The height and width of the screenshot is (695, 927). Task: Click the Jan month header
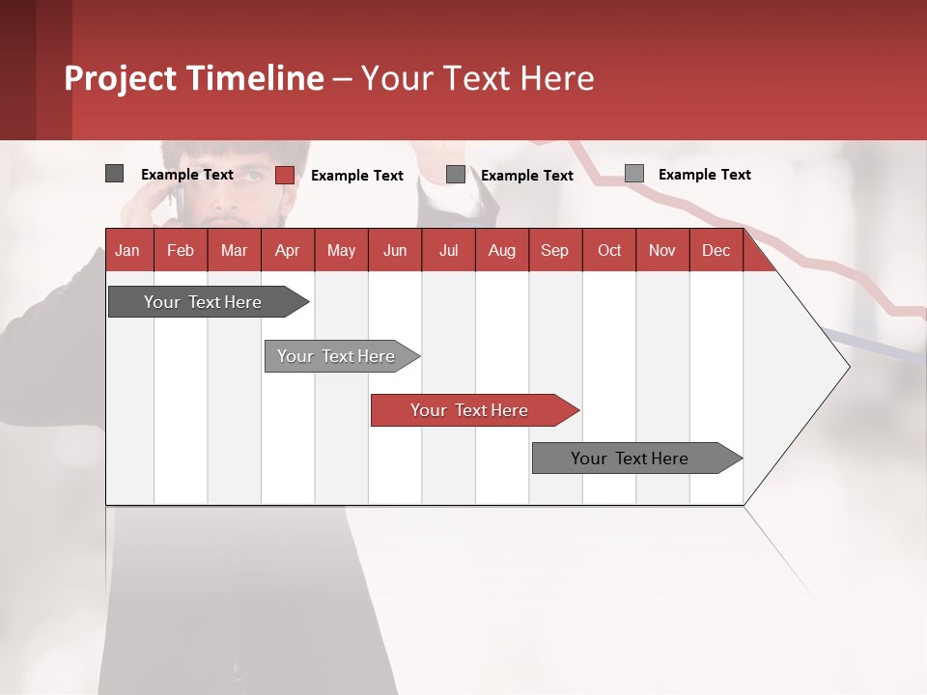pos(128,250)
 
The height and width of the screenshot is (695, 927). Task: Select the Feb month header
pos(181,250)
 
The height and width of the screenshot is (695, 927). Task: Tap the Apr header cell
pos(288,250)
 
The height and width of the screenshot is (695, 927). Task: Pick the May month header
pos(341,250)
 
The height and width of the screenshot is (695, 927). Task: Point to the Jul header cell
pos(448,250)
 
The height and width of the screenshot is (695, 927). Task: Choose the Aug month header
pos(501,250)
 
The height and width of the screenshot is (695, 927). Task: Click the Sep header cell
pos(554,250)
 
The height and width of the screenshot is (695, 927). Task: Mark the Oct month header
pos(609,250)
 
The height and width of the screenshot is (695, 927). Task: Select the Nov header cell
pos(662,250)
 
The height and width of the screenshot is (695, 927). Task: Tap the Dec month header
pos(716,250)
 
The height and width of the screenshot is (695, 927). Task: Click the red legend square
pos(285,175)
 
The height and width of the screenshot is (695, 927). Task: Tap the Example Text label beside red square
pos(356,176)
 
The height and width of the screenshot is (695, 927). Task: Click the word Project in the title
pos(121,78)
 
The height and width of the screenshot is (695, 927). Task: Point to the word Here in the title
pos(557,78)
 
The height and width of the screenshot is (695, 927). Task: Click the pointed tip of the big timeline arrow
pos(847,366)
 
